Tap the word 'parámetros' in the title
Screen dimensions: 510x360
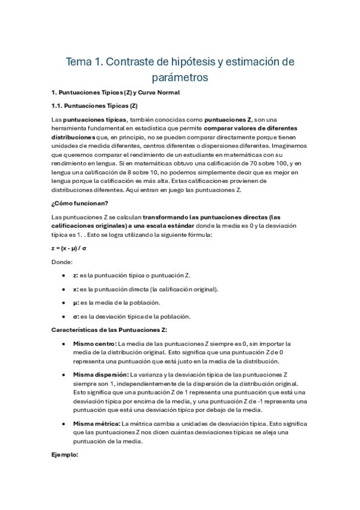click(x=180, y=78)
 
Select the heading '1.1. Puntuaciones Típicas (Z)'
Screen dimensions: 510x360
click(x=90, y=106)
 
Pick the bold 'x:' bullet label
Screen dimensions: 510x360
click(x=76, y=289)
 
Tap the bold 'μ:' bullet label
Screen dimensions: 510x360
click(x=76, y=303)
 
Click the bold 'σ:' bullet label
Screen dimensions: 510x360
click(x=76, y=316)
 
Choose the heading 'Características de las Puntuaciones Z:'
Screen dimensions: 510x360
click(x=109, y=330)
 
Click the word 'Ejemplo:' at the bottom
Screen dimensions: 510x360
click(x=65, y=455)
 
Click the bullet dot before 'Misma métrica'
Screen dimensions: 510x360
click(x=64, y=424)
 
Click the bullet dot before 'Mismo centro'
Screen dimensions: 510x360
click(x=64, y=343)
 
